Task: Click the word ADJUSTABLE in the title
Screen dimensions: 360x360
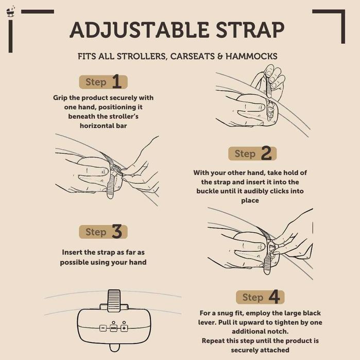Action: pos(140,30)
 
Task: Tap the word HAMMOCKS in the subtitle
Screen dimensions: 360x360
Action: pos(251,56)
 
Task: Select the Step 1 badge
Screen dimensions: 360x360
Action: pos(103,82)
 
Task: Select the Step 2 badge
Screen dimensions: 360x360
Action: pos(252,153)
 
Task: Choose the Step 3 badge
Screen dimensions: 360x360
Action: pos(103,232)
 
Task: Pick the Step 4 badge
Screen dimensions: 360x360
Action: pos(260,297)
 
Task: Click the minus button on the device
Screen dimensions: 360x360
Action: pos(103,328)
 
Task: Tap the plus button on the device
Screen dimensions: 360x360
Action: pos(124,328)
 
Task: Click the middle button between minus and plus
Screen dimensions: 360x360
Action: pos(113,328)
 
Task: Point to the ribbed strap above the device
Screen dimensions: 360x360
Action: pos(114,298)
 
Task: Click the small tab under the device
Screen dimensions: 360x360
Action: pos(114,348)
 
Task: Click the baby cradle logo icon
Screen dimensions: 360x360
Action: pos(10,12)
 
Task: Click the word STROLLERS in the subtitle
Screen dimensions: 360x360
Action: pos(143,57)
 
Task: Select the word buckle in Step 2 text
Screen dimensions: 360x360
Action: pos(208,191)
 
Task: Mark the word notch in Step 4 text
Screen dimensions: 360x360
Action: pos(279,332)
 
